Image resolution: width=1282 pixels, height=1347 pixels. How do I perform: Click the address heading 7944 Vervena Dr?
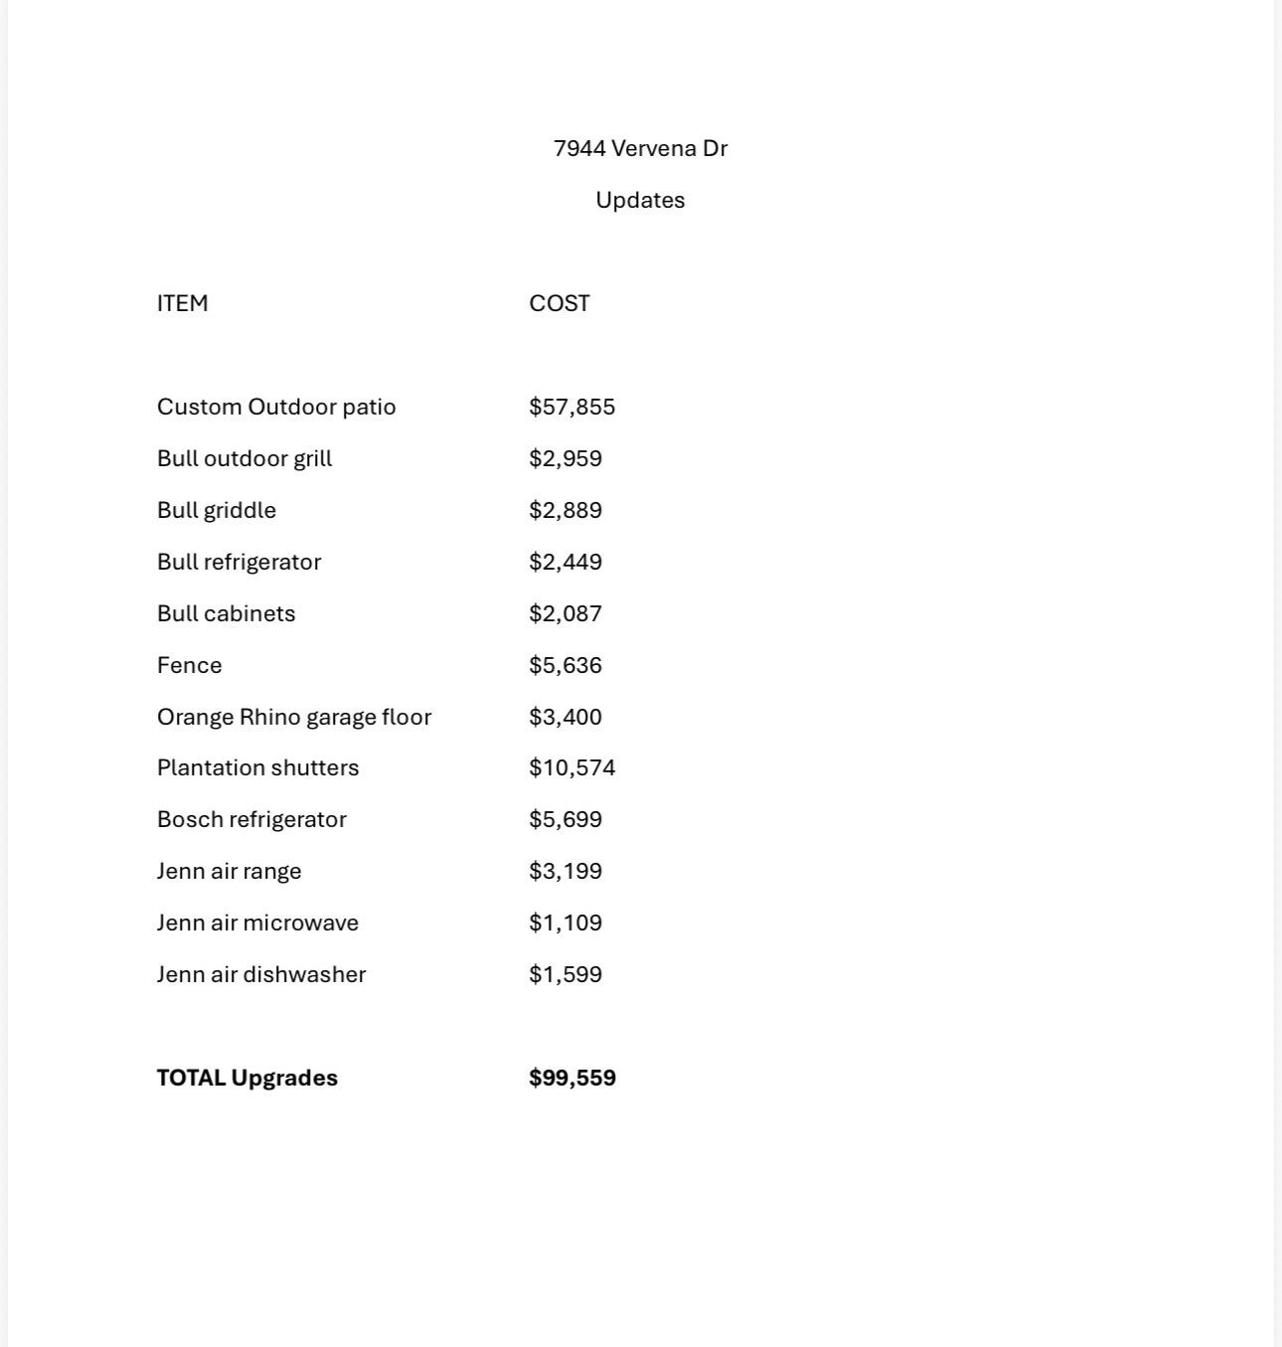pyautogui.click(x=640, y=149)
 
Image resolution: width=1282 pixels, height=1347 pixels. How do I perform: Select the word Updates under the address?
pyautogui.click(x=640, y=201)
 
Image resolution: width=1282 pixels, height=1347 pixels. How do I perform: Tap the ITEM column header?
pyautogui.click(x=183, y=304)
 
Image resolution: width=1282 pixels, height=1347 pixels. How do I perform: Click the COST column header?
pyautogui.click(x=560, y=304)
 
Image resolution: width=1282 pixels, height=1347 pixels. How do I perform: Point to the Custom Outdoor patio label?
pyautogui.click(x=276, y=408)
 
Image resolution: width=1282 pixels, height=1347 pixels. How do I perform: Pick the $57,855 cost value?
pyautogui.click(x=572, y=408)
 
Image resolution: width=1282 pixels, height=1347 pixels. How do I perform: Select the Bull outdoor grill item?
pyautogui.click(x=244, y=459)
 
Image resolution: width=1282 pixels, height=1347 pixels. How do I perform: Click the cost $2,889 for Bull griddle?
pyautogui.click(x=565, y=511)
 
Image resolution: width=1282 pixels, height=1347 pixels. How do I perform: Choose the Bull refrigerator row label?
pyautogui.click(x=240, y=563)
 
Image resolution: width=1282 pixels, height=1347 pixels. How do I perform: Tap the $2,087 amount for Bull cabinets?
pyautogui.click(x=565, y=614)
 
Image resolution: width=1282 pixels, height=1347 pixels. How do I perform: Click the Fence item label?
pyautogui.click(x=190, y=666)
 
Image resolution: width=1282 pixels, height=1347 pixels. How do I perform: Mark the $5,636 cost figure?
pyautogui.click(x=565, y=666)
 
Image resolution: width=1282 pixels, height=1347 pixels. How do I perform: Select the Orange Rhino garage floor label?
pyautogui.click(x=294, y=718)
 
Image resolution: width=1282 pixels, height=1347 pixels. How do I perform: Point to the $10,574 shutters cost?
pyautogui.click(x=572, y=768)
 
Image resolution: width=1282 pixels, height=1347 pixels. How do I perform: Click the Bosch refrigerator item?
pyautogui.click(x=251, y=820)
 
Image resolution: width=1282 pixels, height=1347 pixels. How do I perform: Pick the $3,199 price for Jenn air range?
pyautogui.click(x=565, y=872)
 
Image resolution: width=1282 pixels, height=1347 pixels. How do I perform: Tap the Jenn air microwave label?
pyautogui.click(x=257, y=924)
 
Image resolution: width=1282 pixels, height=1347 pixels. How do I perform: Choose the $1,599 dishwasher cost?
pyautogui.click(x=565, y=975)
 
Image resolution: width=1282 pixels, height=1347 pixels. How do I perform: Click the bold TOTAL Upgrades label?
pyautogui.click(x=247, y=1079)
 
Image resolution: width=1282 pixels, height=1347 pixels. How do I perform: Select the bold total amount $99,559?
pyautogui.click(x=572, y=1079)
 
